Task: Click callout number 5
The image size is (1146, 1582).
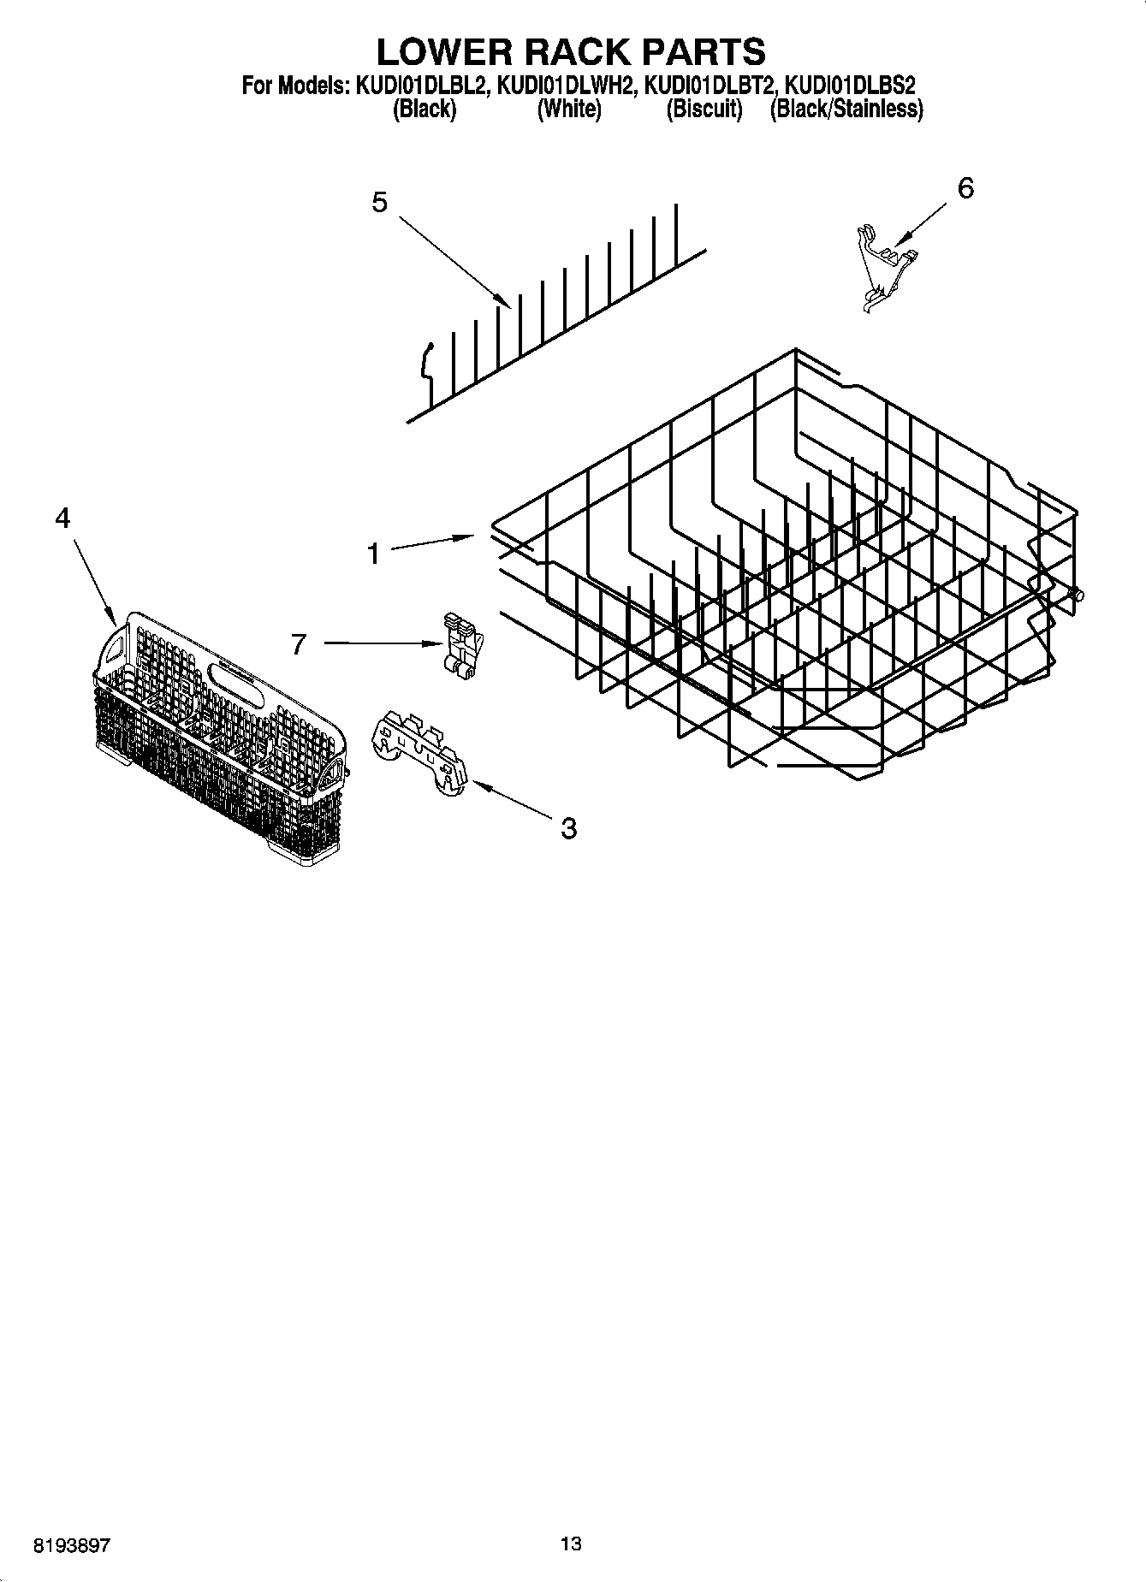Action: pyautogui.click(x=379, y=203)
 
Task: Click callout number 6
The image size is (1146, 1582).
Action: pyautogui.click(x=965, y=188)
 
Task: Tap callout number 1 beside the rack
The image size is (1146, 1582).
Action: pyautogui.click(x=372, y=554)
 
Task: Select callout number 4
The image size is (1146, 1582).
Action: pyautogui.click(x=62, y=518)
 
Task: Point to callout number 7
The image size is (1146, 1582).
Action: pyautogui.click(x=298, y=643)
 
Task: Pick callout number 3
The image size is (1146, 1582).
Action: pyautogui.click(x=568, y=827)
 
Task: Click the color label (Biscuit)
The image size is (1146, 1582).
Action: pyautogui.click(x=704, y=110)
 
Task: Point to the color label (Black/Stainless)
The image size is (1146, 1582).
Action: pyautogui.click(x=846, y=110)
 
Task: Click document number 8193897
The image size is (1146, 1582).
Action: pyautogui.click(x=71, y=1545)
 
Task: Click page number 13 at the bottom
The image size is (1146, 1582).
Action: pyautogui.click(x=571, y=1543)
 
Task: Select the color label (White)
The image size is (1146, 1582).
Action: pyautogui.click(x=568, y=110)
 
